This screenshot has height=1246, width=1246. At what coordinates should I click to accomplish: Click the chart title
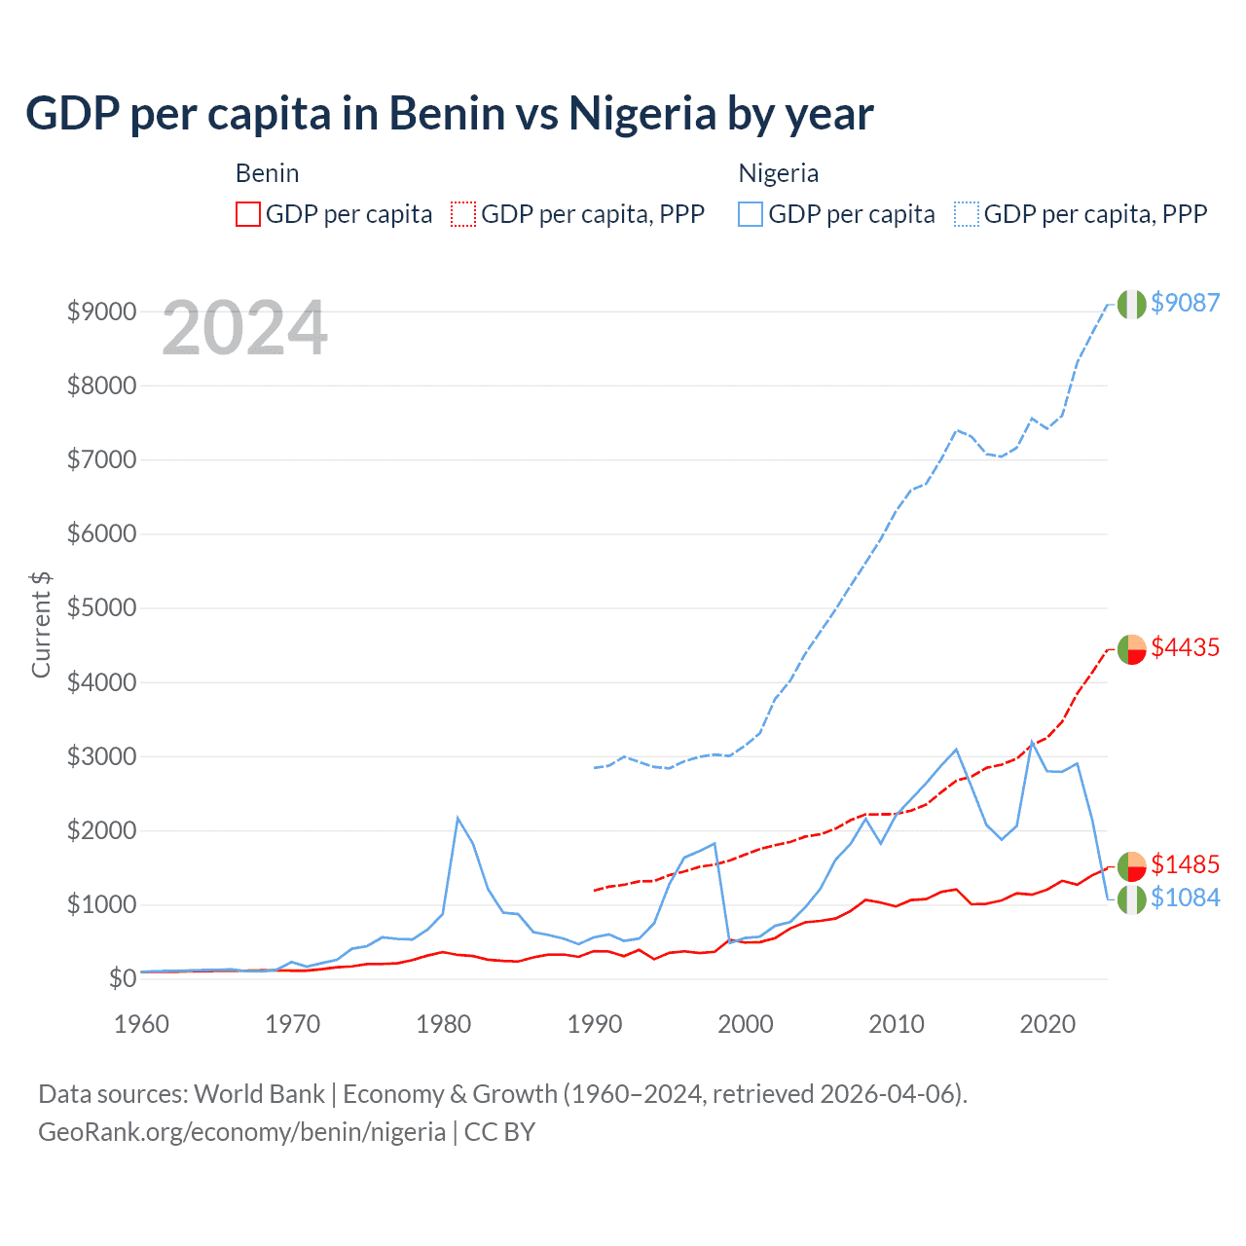449,113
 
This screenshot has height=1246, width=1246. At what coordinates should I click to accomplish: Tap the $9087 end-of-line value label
1185,303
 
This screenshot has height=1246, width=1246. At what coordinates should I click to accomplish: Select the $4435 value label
1185,647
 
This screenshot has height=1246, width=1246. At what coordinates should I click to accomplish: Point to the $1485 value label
1185,864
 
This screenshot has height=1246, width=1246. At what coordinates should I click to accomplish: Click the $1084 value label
1185,898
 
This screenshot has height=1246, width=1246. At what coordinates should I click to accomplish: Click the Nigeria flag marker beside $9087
1131,304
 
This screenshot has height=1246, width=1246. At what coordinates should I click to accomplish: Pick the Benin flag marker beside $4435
1131,648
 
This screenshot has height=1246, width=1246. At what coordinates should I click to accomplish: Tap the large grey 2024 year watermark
244,328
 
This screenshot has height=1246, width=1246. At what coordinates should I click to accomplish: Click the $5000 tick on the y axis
101,608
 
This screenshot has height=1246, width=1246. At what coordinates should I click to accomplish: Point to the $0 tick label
122,978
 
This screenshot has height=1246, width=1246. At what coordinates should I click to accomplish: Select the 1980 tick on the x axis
444,1024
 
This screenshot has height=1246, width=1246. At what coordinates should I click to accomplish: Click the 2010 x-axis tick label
897,1024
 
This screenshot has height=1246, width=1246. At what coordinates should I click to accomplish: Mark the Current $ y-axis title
41,625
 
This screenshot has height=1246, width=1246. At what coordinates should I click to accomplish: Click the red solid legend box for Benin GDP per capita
248,214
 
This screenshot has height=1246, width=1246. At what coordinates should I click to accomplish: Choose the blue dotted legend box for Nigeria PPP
967,214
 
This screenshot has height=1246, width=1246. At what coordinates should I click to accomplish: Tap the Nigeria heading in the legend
778,173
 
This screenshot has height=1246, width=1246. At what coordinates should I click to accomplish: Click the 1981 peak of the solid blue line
458,818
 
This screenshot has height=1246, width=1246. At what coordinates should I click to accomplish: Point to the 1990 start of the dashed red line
595,890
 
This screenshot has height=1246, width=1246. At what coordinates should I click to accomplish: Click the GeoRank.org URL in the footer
241,1132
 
